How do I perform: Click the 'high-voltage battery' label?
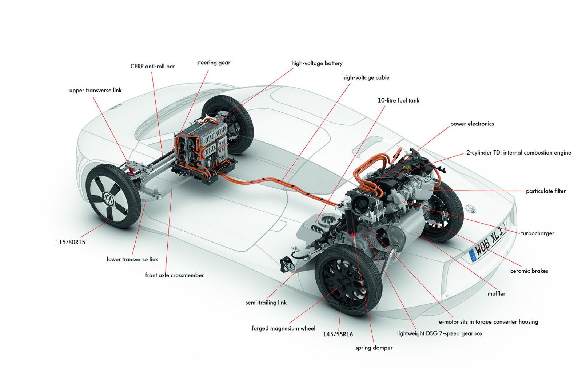(x=317, y=63)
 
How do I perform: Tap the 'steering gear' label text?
(x=214, y=63)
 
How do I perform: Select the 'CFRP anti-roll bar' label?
(x=152, y=66)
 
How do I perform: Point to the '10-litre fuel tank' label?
(x=398, y=100)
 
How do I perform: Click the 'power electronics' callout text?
(x=472, y=124)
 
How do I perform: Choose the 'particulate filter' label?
(x=546, y=191)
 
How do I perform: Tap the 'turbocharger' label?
(x=537, y=233)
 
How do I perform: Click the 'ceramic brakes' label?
(x=529, y=271)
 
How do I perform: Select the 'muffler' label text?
(x=496, y=293)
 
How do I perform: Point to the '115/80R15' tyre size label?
(x=70, y=242)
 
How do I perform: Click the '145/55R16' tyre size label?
(x=338, y=334)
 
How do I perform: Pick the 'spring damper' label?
(x=374, y=348)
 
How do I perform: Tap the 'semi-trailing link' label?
(x=266, y=302)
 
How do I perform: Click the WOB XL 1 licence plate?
(x=487, y=241)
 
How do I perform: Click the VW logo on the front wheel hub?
(x=108, y=199)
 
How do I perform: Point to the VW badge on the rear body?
(x=470, y=208)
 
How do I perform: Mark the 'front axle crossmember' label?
(x=174, y=275)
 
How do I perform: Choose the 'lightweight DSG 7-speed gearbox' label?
(x=439, y=333)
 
